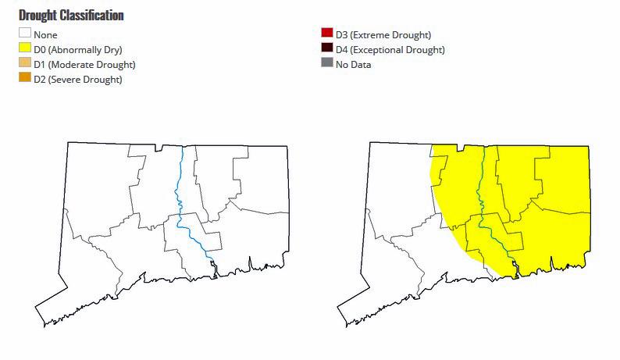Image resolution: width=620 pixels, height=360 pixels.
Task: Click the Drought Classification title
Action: (71, 16)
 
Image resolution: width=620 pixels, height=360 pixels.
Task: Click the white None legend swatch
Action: (25, 34)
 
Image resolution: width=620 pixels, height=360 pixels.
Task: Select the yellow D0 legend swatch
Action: (25, 49)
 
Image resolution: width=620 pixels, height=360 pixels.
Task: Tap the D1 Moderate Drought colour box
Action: (25, 64)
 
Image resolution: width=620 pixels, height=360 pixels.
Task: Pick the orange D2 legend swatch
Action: (25, 78)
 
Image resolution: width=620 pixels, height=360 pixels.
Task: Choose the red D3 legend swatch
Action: (326, 34)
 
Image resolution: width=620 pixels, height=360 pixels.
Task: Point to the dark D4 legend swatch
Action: (326, 49)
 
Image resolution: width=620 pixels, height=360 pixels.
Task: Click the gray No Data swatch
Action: (326, 64)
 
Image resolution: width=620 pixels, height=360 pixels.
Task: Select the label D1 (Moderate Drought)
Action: (84, 64)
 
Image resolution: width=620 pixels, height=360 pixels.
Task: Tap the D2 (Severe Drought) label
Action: (77, 79)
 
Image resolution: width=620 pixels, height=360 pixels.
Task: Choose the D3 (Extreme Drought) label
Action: (383, 34)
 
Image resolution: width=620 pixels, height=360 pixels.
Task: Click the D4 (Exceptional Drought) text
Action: (390, 49)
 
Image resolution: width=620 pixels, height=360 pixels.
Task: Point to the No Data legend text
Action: (353, 64)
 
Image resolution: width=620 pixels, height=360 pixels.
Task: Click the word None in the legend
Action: (45, 34)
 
